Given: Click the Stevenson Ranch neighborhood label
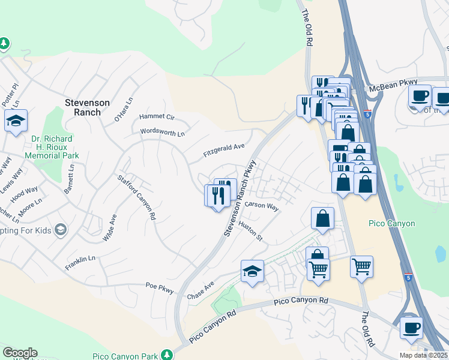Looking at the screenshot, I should (87, 107).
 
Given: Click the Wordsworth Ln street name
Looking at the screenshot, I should (162, 132).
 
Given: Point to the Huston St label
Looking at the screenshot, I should (251, 230).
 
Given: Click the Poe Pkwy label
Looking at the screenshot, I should (160, 288).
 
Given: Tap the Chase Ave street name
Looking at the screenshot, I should (200, 290).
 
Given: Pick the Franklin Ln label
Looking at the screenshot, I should (80, 262).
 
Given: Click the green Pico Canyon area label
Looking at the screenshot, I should (391, 224).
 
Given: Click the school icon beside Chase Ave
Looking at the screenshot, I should (253, 271).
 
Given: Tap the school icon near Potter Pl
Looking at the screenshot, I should (16, 120).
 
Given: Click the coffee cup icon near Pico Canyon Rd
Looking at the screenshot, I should (412, 328).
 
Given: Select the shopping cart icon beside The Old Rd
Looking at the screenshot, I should (361, 266).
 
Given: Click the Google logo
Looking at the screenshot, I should (20, 353).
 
